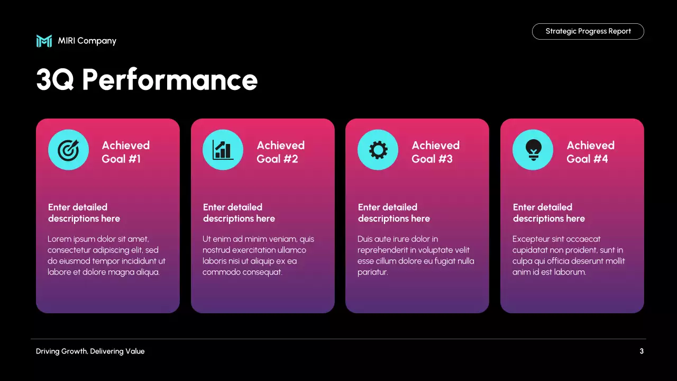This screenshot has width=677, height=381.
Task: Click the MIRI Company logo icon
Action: [x=44, y=41]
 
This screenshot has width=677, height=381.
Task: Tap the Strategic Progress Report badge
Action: [x=588, y=31]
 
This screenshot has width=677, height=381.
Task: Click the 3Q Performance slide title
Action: [x=147, y=80]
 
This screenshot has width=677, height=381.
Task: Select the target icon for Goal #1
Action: [x=68, y=150]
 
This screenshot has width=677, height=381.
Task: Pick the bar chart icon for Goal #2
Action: [x=223, y=150]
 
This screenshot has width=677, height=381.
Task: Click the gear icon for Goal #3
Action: [x=378, y=150]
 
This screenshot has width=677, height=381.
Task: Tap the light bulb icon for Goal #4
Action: [x=533, y=150]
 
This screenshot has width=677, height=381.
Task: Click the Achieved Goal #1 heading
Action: [x=125, y=152]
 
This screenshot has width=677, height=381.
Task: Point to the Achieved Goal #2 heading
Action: [x=280, y=152]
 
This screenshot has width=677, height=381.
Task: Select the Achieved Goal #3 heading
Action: [x=435, y=152]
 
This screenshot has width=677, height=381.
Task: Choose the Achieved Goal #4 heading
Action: [x=590, y=152]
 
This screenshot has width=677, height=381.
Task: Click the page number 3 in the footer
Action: [x=642, y=351]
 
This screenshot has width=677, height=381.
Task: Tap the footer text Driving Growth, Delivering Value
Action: [x=90, y=351]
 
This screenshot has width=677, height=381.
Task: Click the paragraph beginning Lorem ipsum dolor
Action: [x=106, y=256]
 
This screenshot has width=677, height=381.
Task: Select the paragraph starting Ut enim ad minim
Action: [x=258, y=256]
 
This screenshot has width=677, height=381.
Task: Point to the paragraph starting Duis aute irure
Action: [x=416, y=256]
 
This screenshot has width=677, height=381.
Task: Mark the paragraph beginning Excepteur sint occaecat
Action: [x=569, y=256]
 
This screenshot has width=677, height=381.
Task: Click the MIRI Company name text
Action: [x=87, y=41]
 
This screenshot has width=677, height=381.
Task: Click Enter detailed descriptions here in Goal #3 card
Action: [x=394, y=213]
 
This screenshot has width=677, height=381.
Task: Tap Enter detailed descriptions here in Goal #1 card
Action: [x=84, y=213]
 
